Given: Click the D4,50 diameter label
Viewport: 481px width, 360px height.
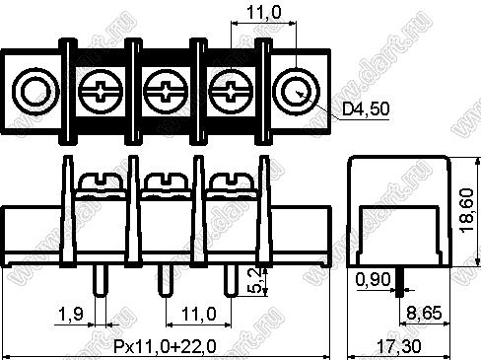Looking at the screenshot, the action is click(366, 108).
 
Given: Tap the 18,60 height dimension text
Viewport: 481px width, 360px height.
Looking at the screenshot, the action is click(467, 211).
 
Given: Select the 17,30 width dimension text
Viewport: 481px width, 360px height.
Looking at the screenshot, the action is click(399, 346).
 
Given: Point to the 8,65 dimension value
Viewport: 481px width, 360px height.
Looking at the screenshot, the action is click(424, 313).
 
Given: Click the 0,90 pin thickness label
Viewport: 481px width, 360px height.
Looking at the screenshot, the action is click(374, 280).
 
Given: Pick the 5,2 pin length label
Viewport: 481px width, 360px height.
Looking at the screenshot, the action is click(254, 280).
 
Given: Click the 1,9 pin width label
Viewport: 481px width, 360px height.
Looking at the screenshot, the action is click(71, 314).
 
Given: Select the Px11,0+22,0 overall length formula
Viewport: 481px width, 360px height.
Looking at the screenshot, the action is click(165, 346).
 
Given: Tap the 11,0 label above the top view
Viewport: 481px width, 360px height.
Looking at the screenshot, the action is click(264, 13).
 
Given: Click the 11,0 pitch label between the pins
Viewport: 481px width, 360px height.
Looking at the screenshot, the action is click(199, 314).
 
